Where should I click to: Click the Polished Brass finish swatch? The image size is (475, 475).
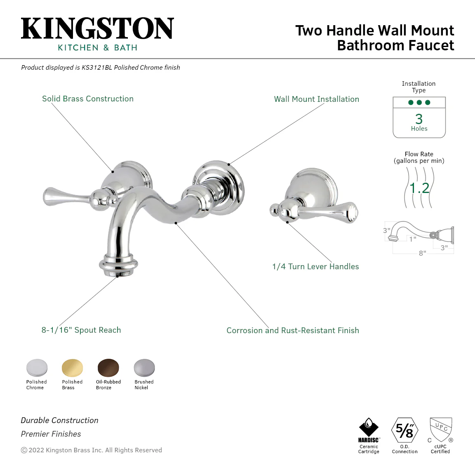point(72,368)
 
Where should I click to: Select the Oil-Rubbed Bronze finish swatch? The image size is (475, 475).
point(108,368)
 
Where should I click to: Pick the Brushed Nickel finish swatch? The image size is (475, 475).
point(144,368)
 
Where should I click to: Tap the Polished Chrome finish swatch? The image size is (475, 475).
point(37,368)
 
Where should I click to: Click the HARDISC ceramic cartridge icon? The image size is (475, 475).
point(369,430)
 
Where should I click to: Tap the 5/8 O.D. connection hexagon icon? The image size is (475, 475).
point(405,430)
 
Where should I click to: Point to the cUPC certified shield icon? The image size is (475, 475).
point(441,430)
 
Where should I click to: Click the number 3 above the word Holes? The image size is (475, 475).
point(419,119)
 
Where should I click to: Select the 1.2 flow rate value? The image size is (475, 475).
point(419,188)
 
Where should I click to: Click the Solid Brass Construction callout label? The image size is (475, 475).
point(87,99)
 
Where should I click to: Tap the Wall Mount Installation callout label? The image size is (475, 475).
point(317,99)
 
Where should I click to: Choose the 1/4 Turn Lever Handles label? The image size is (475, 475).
point(315,267)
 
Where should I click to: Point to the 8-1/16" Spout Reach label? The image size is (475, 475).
point(81,330)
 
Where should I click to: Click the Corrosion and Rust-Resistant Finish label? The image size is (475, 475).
point(293,330)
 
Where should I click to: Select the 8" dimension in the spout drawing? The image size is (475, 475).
point(422,253)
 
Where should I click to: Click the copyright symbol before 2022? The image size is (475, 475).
point(24,450)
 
